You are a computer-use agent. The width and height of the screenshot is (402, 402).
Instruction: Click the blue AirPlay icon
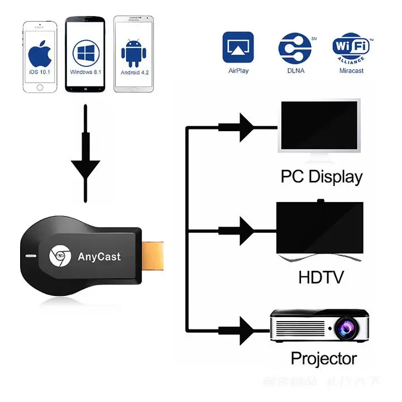238,47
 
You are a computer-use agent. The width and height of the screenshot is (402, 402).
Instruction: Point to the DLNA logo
296,48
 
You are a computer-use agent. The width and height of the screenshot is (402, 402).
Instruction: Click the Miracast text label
352,71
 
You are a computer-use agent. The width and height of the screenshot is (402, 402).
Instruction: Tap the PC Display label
322,177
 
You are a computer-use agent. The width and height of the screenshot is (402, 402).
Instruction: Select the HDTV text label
320,277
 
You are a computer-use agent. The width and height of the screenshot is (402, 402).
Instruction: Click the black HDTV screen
319,228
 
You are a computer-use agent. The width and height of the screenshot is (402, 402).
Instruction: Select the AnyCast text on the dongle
99,257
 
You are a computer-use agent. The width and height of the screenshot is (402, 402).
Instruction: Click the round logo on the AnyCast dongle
60,256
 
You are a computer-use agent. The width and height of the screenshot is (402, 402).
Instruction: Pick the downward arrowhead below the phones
85,169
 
